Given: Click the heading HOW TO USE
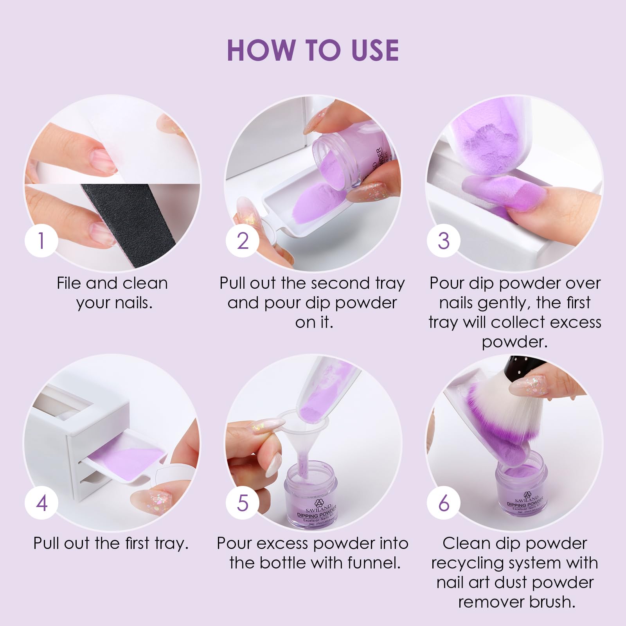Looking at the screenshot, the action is coord(313,50).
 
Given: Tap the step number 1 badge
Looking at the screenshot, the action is coord(42,240).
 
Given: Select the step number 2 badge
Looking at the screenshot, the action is coord(243,240).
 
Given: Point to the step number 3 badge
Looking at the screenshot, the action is coord(444,240).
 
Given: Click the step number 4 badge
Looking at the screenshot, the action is coord(42,502).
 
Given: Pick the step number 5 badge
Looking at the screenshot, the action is coord(243,502).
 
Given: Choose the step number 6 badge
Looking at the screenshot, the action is coord(444,502).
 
